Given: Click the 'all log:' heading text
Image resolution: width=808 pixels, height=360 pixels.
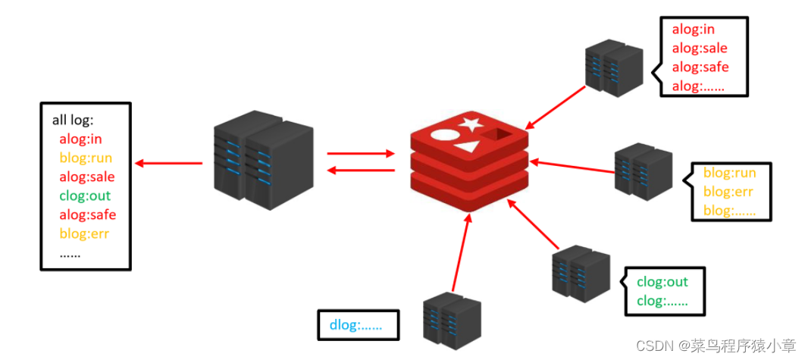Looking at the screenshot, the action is click(x=73, y=121).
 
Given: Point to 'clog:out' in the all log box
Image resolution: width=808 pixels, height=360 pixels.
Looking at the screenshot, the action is click(x=85, y=196).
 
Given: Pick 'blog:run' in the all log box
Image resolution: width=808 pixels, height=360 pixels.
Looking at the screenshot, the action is click(x=86, y=158).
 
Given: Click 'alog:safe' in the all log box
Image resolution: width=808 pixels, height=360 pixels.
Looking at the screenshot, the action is click(x=88, y=214).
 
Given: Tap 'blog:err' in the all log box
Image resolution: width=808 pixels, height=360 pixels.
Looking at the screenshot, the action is click(x=84, y=233).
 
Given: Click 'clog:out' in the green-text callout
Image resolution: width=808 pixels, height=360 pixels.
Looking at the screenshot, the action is click(x=662, y=282).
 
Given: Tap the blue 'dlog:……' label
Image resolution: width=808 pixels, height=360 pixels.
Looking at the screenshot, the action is click(x=356, y=325).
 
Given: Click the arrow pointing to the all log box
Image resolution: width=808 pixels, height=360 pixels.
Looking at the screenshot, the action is click(x=168, y=164).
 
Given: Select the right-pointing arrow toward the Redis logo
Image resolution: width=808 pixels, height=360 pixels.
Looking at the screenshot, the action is click(x=361, y=154).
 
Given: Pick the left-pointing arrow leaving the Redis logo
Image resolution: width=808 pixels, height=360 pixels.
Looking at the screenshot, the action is click(x=362, y=170).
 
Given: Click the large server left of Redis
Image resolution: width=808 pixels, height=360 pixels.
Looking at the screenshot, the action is click(x=264, y=160).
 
